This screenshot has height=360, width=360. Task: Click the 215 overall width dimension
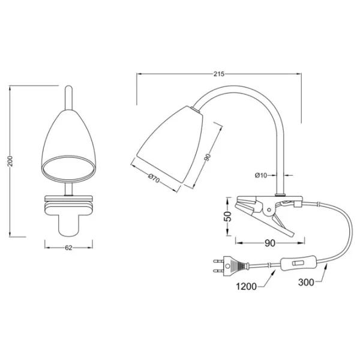tap(219, 74)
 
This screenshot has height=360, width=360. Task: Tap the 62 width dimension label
tap(68, 247)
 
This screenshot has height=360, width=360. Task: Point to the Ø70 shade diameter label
tap(154, 178)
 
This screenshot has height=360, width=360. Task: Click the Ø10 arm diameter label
tap(261, 175)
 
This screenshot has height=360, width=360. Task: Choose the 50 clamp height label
tap(229, 216)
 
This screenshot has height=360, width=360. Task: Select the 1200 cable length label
tap(247, 287)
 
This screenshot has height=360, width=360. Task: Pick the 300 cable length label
tap(306, 282)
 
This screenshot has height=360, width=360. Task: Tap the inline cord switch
tap(298, 263)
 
